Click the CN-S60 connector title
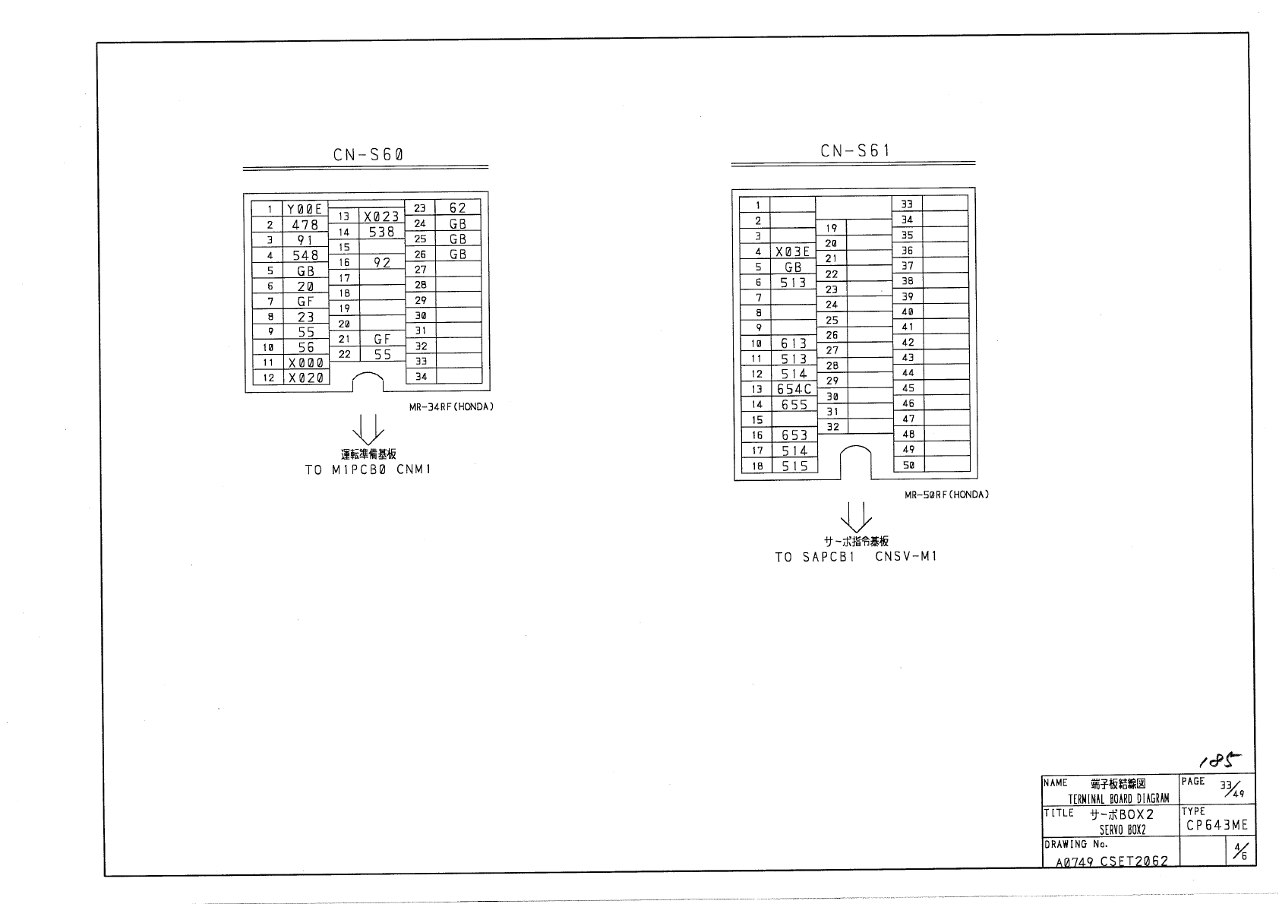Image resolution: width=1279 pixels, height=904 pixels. click(x=368, y=155)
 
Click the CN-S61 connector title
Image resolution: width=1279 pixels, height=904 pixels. click(x=854, y=151)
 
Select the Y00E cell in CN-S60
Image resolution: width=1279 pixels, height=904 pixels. click(x=305, y=209)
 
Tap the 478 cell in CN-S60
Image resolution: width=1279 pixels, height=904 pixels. click(x=305, y=225)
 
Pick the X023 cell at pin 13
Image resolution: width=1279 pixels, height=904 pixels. click(x=381, y=217)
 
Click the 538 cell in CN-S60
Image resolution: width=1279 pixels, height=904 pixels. click(x=381, y=232)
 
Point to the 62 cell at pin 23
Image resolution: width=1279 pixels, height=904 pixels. click(x=458, y=208)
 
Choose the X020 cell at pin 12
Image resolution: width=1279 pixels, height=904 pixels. click(x=306, y=378)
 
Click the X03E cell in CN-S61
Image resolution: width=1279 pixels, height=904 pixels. click(x=793, y=251)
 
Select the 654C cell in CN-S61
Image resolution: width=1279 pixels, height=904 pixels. click(x=794, y=389)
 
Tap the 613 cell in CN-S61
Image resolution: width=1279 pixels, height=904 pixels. click(x=794, y=343)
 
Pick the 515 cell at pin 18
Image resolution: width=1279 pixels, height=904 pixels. click(x=794, y=466)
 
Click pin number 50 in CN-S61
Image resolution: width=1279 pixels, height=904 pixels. click(x=908, y=465)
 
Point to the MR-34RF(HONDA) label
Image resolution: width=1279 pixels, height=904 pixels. click(x=451, y=406)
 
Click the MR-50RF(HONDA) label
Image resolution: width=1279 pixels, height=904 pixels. click(x=946, y=495)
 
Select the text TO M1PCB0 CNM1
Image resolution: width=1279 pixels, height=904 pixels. click(x=368, y=469)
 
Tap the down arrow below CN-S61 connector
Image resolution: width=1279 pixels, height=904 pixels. click(x=858, y=517)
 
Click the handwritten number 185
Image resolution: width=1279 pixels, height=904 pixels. click(x=1220, y=759)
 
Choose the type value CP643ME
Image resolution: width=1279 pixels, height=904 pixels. click(x=1217, y=826)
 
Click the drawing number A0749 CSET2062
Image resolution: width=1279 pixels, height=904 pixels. click(x=1112, y=861)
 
